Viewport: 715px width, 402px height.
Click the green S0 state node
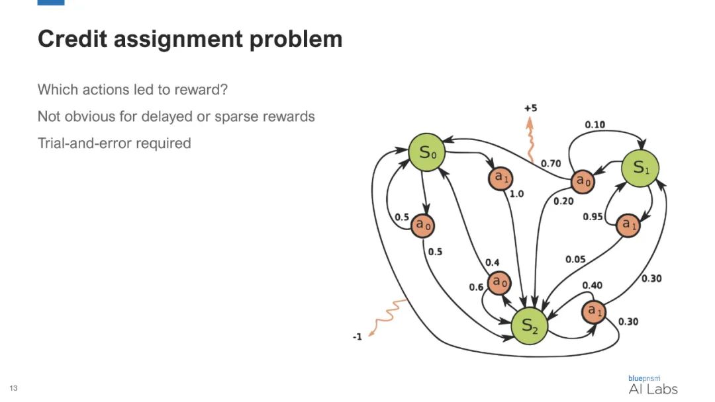tap(426, 153)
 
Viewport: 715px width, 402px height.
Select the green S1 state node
tap(641, 167)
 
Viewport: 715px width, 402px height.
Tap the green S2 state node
tap(531, 325)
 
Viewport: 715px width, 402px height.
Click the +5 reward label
tap(531, 108)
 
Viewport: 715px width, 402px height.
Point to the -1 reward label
tap(357, 337)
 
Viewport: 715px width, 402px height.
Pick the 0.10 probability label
tap(595, 124)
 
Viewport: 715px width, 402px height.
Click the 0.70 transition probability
tap(551, 163)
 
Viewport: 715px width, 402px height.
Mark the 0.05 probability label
tap(575, 259)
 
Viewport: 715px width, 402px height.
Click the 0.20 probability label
tap(563, 201)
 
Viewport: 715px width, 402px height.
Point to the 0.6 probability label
tap(476, 287)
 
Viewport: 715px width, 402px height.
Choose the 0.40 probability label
tap(593, 285)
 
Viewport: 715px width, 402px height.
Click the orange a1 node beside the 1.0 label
tap(500, 177)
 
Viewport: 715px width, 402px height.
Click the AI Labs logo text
tap(653, 389)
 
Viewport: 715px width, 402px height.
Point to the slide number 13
tap(13, 387)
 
